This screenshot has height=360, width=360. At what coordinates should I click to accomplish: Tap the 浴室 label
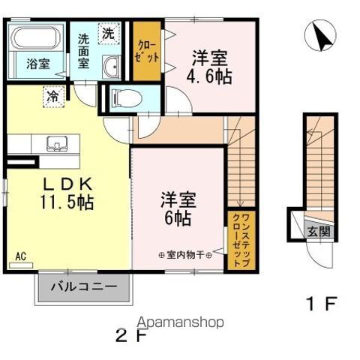point(37,64)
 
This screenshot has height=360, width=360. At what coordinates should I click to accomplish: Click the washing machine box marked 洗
point(109,34)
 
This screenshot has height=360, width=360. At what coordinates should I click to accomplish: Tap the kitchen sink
point(57,142)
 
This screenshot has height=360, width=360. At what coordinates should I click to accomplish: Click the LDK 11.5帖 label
point(68,191)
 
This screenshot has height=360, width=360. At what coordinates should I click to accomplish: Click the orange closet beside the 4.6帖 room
point(146,51)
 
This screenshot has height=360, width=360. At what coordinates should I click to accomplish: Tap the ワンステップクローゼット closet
point(238,240)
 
